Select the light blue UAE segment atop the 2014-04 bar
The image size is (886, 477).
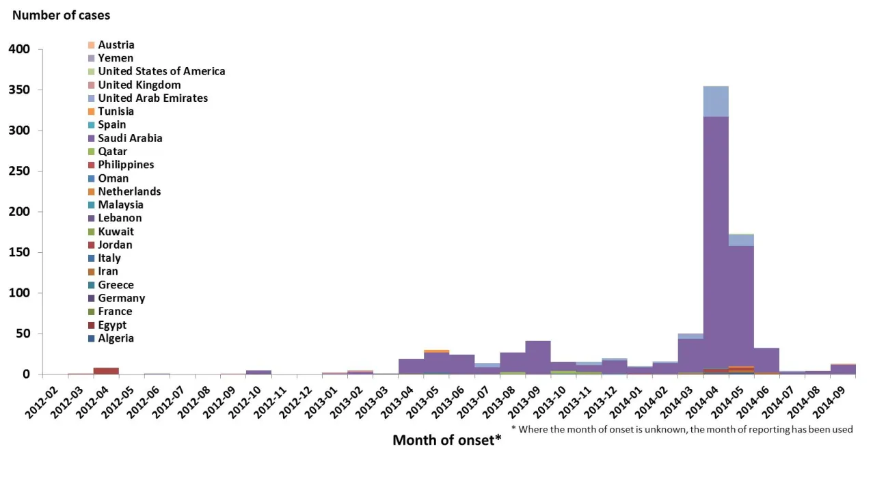point(716,101)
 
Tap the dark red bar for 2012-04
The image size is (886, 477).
point(106,371)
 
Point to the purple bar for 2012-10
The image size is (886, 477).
point(258,372)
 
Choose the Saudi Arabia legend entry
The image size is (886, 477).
point(130,138)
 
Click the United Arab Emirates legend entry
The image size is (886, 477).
point(152,98)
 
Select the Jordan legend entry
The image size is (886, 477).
point(115,245)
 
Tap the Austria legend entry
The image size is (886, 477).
point(116,45)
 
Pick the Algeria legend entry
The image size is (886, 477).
point(116,338)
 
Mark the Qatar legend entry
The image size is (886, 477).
point(112,151)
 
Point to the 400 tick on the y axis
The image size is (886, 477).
point(20,49)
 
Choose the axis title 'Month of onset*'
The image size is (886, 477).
point(446,440)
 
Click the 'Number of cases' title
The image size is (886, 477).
point(61,14)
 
